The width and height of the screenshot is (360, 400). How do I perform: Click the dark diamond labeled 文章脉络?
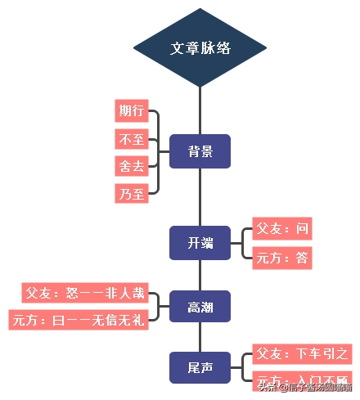point(200,47)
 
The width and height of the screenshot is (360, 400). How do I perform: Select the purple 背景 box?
point(200,151)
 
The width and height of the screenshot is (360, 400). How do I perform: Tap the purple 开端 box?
point(200,243)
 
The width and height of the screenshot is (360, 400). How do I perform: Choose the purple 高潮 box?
point(200,306)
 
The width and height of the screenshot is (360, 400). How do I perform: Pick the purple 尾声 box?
point(200,368)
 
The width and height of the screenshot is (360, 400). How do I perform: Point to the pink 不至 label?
point(132,139)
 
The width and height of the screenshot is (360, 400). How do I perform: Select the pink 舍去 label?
point(132,166)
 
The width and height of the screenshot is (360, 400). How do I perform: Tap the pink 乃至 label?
point(132,194)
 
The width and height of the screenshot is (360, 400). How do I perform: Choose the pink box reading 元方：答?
point(282,258)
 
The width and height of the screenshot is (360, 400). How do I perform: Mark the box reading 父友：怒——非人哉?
point(85,292)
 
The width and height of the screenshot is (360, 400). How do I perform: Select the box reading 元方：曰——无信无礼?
point(79,320)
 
